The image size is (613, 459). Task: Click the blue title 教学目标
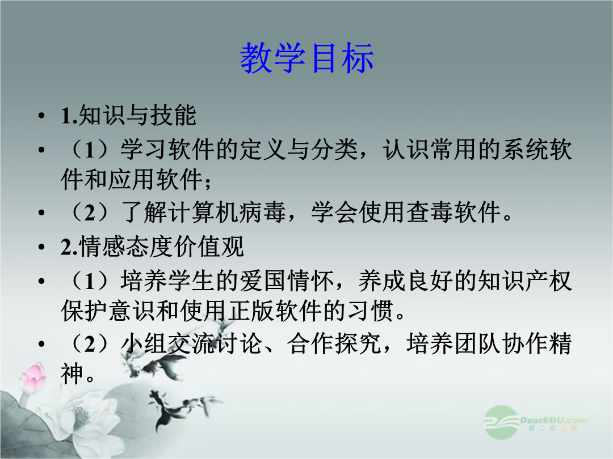click(x=307, y=58)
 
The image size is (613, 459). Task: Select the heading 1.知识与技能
click(x=128, y=116)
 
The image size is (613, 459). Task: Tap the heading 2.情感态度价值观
click(x=153, y=246)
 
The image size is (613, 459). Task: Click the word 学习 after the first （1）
click(x=144, y=150)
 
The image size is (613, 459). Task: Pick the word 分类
click(x=335, y=150)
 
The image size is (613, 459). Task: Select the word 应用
click(x=132, y=180)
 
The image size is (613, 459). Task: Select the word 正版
click(x=251, y=311)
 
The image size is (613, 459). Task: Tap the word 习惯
click(x=371, y=311)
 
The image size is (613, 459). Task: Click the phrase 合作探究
click(x=335, y=344)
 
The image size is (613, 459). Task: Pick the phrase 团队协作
click(x=502, y=344)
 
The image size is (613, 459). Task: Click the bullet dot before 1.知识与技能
click(x=41, y=116)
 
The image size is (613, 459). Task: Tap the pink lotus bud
click(x=33, y=376)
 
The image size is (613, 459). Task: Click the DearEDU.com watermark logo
click(x=535, y=423)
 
